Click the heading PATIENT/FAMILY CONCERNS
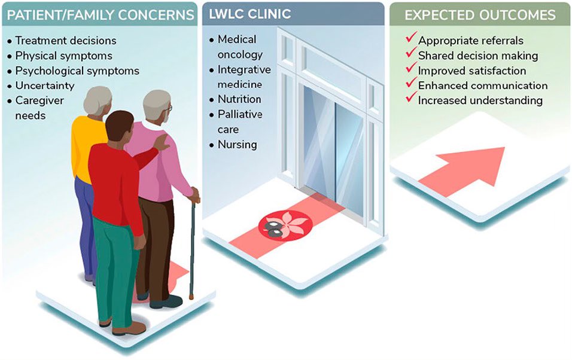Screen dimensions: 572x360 click(101, 15)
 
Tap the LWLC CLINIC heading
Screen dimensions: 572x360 click(250, 14)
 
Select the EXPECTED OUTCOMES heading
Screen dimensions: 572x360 click(480, 15)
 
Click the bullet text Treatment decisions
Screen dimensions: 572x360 click(66, 41)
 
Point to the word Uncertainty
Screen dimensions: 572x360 click(45, 86)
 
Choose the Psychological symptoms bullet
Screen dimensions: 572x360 click(77, 71)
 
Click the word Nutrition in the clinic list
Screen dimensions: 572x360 click(239, 99)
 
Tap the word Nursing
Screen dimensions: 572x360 click(238, 145)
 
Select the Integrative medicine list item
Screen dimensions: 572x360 click(244, 77)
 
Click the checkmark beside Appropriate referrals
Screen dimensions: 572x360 click(411, 37)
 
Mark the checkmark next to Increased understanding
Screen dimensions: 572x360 click(411, 97)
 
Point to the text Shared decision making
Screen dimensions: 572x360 click(478, 56)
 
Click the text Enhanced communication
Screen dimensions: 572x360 click(483, 86)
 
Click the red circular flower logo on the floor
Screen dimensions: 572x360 click(285, 225)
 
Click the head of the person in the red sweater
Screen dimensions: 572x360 click(119, 129)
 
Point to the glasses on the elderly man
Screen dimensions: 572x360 click(169, 108)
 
